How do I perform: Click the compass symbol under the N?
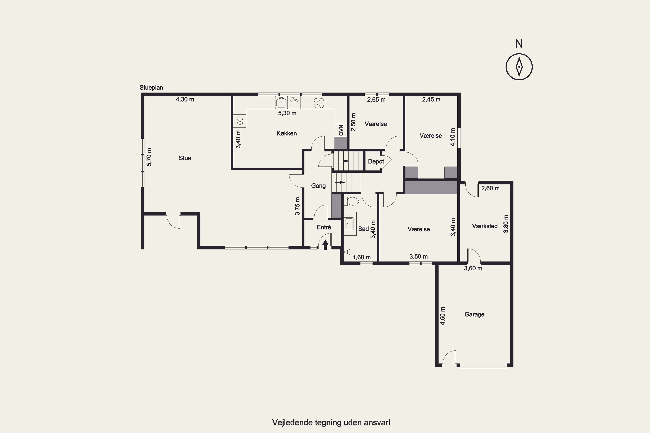(519, 67)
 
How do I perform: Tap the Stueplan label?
(151, 87)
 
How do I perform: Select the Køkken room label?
(287, 133)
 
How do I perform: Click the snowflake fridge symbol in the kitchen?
(240, 121)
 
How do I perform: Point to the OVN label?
(341, 130)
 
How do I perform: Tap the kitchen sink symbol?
(281, 102)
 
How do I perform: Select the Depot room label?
(376, 162)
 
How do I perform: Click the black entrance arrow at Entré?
(325, 244)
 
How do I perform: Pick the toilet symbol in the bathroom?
(351, 201)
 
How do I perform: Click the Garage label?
(474, 314)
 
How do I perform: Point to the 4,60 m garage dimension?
(442, 316)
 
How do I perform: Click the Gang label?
(318, 186)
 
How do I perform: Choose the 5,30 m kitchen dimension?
(287, 113)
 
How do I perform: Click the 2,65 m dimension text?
(376, 100)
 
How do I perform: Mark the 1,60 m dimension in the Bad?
(361, 257)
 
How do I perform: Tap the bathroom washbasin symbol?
(350, 224)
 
